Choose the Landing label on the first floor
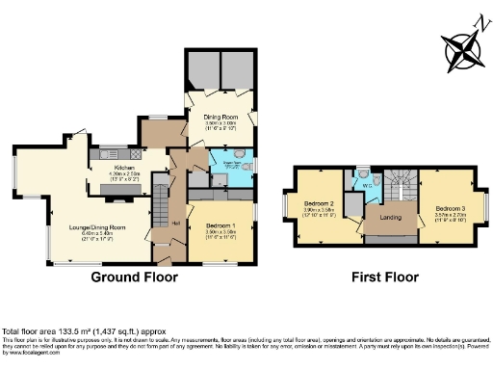tap(390, 217)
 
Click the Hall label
tap(177, 223)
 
